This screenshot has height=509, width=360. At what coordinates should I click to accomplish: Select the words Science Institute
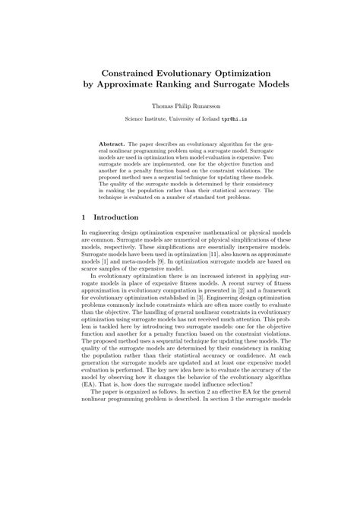(x=146, y=119)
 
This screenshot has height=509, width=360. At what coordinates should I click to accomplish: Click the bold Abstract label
(x=112, y=143)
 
